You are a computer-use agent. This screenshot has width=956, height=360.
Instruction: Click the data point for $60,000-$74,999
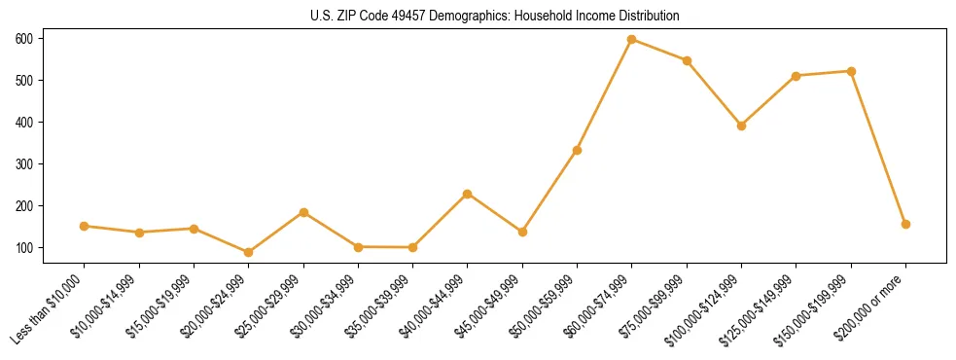[x=632, y=39]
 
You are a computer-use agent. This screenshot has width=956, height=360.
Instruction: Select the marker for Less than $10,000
[x=85, y=226]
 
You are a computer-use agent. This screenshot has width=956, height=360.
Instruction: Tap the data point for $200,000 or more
[x=906, y=224]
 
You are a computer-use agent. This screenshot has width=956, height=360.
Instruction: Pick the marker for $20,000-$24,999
[x=249, y=252]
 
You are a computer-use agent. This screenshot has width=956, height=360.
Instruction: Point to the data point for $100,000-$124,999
[x=742, y=126]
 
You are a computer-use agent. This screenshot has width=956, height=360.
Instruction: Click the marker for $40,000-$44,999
[x=468, y=194]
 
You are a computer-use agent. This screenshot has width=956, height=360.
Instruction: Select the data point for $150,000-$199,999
[x=852, y=71]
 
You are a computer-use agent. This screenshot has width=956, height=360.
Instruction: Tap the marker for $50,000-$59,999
[x=578, y=150]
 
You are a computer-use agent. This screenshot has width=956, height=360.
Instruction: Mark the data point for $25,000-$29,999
[x=303, y=212]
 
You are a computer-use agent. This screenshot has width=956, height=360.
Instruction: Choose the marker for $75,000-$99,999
[x=687, y=60]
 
